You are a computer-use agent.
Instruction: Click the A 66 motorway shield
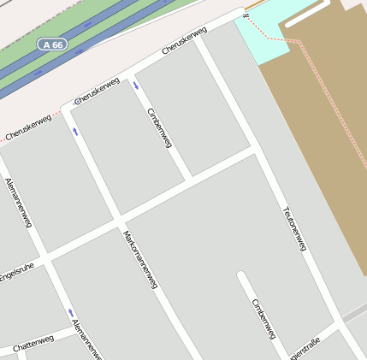click(x=52, y=44)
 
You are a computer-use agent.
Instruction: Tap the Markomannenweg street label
click(x=140, y=258)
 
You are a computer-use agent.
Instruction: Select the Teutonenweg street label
click(x=293, y=228)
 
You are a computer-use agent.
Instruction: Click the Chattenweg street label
click(x=33, y=342)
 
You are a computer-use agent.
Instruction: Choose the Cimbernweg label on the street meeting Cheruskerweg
click(x=160, y=127)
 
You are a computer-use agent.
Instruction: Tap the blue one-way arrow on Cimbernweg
click(x=137, y=86)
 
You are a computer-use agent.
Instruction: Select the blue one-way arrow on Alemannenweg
click(x=71, y=312)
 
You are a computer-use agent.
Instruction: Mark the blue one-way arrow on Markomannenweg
click(x=75, y=131)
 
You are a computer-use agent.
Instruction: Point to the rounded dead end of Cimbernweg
click(x=243, y=277)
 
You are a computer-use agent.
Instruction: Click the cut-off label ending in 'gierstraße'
click(x=305, y=348)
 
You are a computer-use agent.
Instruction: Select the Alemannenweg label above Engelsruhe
click(x=18, y=202)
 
